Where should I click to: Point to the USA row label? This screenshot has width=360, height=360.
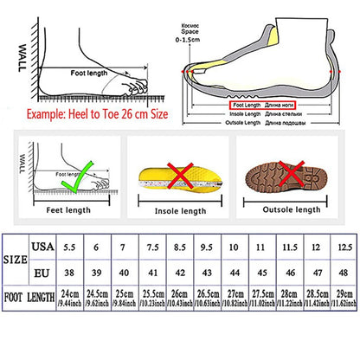(40, 247)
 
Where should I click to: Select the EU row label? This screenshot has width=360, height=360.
(40, 273)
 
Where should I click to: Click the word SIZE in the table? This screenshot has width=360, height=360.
(16, 259)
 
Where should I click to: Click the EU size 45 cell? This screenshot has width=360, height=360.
(259, 273)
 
